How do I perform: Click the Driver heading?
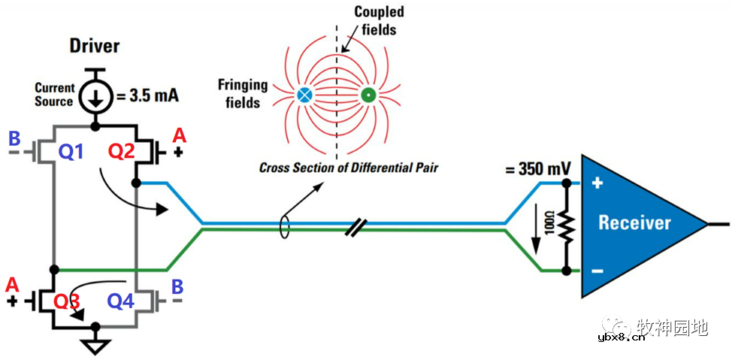[95, 46]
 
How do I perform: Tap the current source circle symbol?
[95, 96]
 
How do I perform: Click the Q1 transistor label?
[71, 153]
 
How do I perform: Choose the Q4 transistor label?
[121, 301]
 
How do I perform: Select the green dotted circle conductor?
[369, 95]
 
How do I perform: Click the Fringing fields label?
[240, 90]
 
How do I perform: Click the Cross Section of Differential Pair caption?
[348, 168]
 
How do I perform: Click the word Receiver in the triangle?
[634, 223]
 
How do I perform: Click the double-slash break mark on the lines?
[354, 227]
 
